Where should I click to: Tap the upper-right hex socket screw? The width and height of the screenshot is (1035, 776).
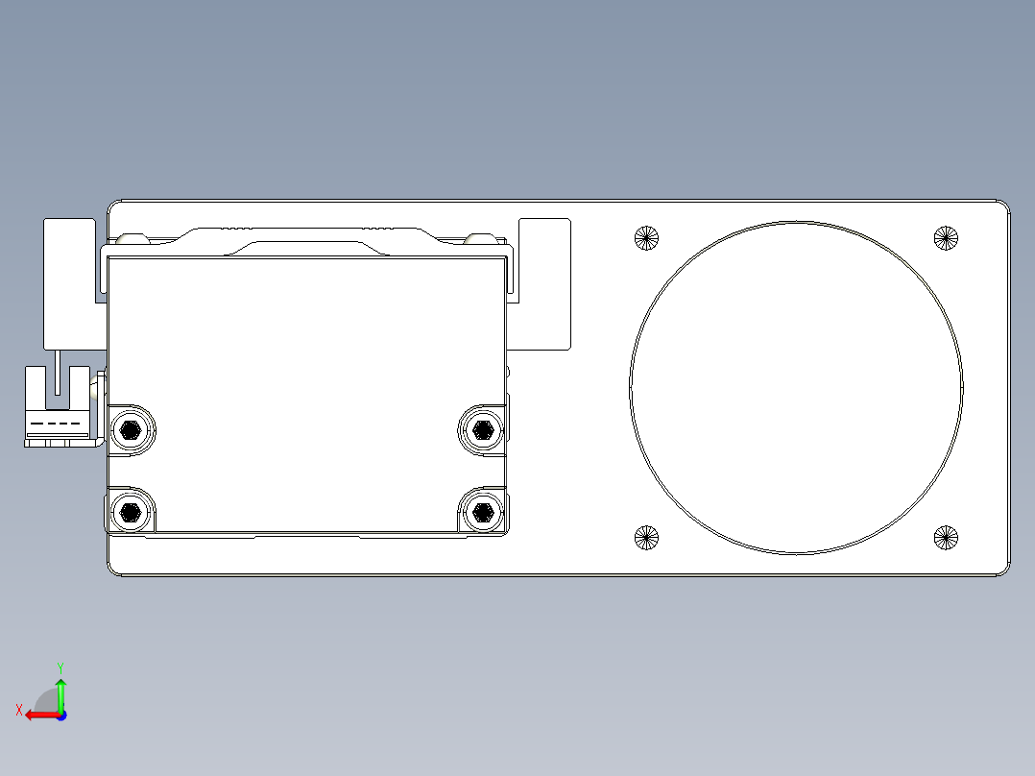482,429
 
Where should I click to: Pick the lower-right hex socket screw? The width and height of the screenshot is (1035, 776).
482,511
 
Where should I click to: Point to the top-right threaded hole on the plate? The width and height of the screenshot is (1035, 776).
947,237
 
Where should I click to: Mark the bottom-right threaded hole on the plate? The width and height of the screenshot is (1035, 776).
947,539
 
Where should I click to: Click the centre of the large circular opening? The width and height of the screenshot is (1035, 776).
797,388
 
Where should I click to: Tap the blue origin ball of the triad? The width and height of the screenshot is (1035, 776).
60,715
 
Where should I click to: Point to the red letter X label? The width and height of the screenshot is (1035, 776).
18,710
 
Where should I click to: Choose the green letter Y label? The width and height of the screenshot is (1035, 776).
60,666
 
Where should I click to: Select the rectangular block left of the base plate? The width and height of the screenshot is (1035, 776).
69,282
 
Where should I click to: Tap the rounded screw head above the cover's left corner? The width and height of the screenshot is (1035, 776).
130,238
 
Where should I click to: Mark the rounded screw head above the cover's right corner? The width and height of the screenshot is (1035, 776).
478,238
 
